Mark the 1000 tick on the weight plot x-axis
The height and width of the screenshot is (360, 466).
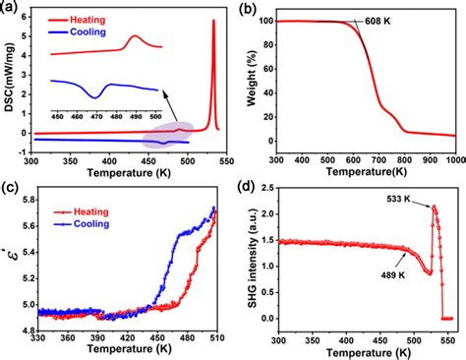tap(452, 157)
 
